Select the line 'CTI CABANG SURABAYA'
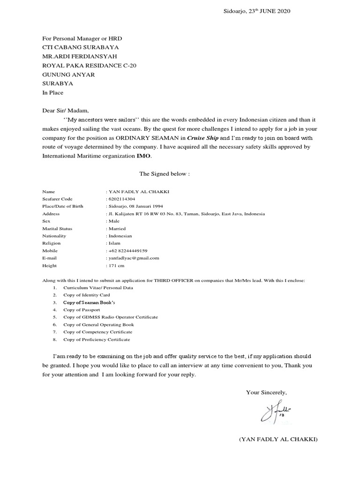(80, 47)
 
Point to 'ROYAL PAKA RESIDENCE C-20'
(90, 66)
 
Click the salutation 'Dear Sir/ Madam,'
(65, 111)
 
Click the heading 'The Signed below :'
(164, 174)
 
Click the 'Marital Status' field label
(57, 229)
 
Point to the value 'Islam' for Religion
(114, 243)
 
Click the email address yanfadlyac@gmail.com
(134, 258)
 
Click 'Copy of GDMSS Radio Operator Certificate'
(111, 317)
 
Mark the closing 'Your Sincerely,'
(267, 379)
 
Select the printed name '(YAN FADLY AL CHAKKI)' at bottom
(278, 440)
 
